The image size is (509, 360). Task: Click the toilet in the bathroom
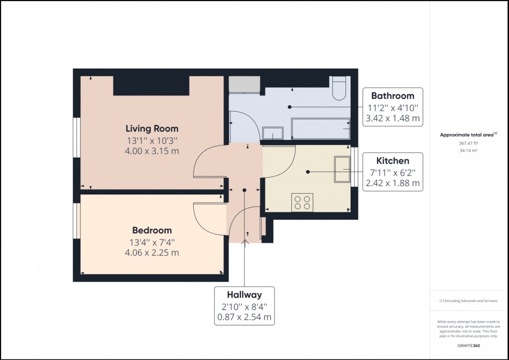pyautogui.click(x=340, y=88)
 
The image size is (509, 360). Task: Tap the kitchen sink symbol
pyautogui.click(x=342, y=170)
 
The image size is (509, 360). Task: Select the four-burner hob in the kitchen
pyautogui.click(x=302, y=202)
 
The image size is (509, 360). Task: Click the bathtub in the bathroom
pyautogui.click(x=320, y=128)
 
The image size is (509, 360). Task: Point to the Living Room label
pyautogui.click(x=152, y=128)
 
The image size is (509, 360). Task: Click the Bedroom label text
pyautogui.click(x=152, y=230)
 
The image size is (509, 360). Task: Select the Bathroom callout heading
pyautogui.click(x=392, y=96)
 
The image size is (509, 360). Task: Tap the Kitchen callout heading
pyautogui.click(x=392, y=161)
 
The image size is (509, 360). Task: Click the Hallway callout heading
pyautogui.click(x=244, y=295)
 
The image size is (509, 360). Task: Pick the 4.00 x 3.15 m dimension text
pyautogui.click(x=152, y=151)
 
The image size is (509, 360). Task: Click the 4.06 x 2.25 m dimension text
pyautogui.click(x=152, y=253)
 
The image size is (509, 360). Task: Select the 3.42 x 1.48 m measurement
pyautogui.click(x=392, y=118)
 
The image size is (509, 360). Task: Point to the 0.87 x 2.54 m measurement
pyautogui.click(x=244, y=317)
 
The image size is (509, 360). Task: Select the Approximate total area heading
pyautogui.click(x=468, y=135)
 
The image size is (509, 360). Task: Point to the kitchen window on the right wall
pyautogui.click(x=354, y=167)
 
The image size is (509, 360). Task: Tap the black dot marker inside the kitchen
pyautogui.click(x=308, y=171)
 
